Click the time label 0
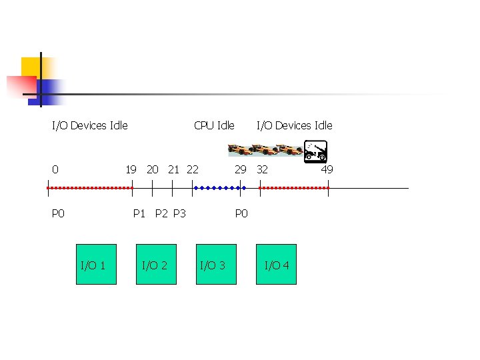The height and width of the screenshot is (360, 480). point(55,169)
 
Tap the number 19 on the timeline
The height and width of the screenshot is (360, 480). point(131,169)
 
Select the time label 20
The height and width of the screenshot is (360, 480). point(152,169)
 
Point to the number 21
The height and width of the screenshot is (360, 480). point(173,169)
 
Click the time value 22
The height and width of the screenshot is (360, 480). point(192,169)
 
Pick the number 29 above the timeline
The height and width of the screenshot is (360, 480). point(240,169)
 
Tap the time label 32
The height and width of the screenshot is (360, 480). point(262,169)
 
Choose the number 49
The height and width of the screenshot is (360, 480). point(327,169)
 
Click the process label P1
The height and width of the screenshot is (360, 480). point(139,213)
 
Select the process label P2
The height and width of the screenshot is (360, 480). point(161,213)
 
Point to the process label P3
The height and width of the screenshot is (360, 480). point(179,213)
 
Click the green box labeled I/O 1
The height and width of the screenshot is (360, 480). point(96,265)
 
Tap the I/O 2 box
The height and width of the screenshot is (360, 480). point(156,265)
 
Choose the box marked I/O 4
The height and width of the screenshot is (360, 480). point(277,265)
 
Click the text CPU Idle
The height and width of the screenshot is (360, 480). point(214,125)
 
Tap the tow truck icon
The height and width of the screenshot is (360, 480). point(315,151)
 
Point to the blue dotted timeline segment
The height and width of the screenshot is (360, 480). point(219,188)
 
